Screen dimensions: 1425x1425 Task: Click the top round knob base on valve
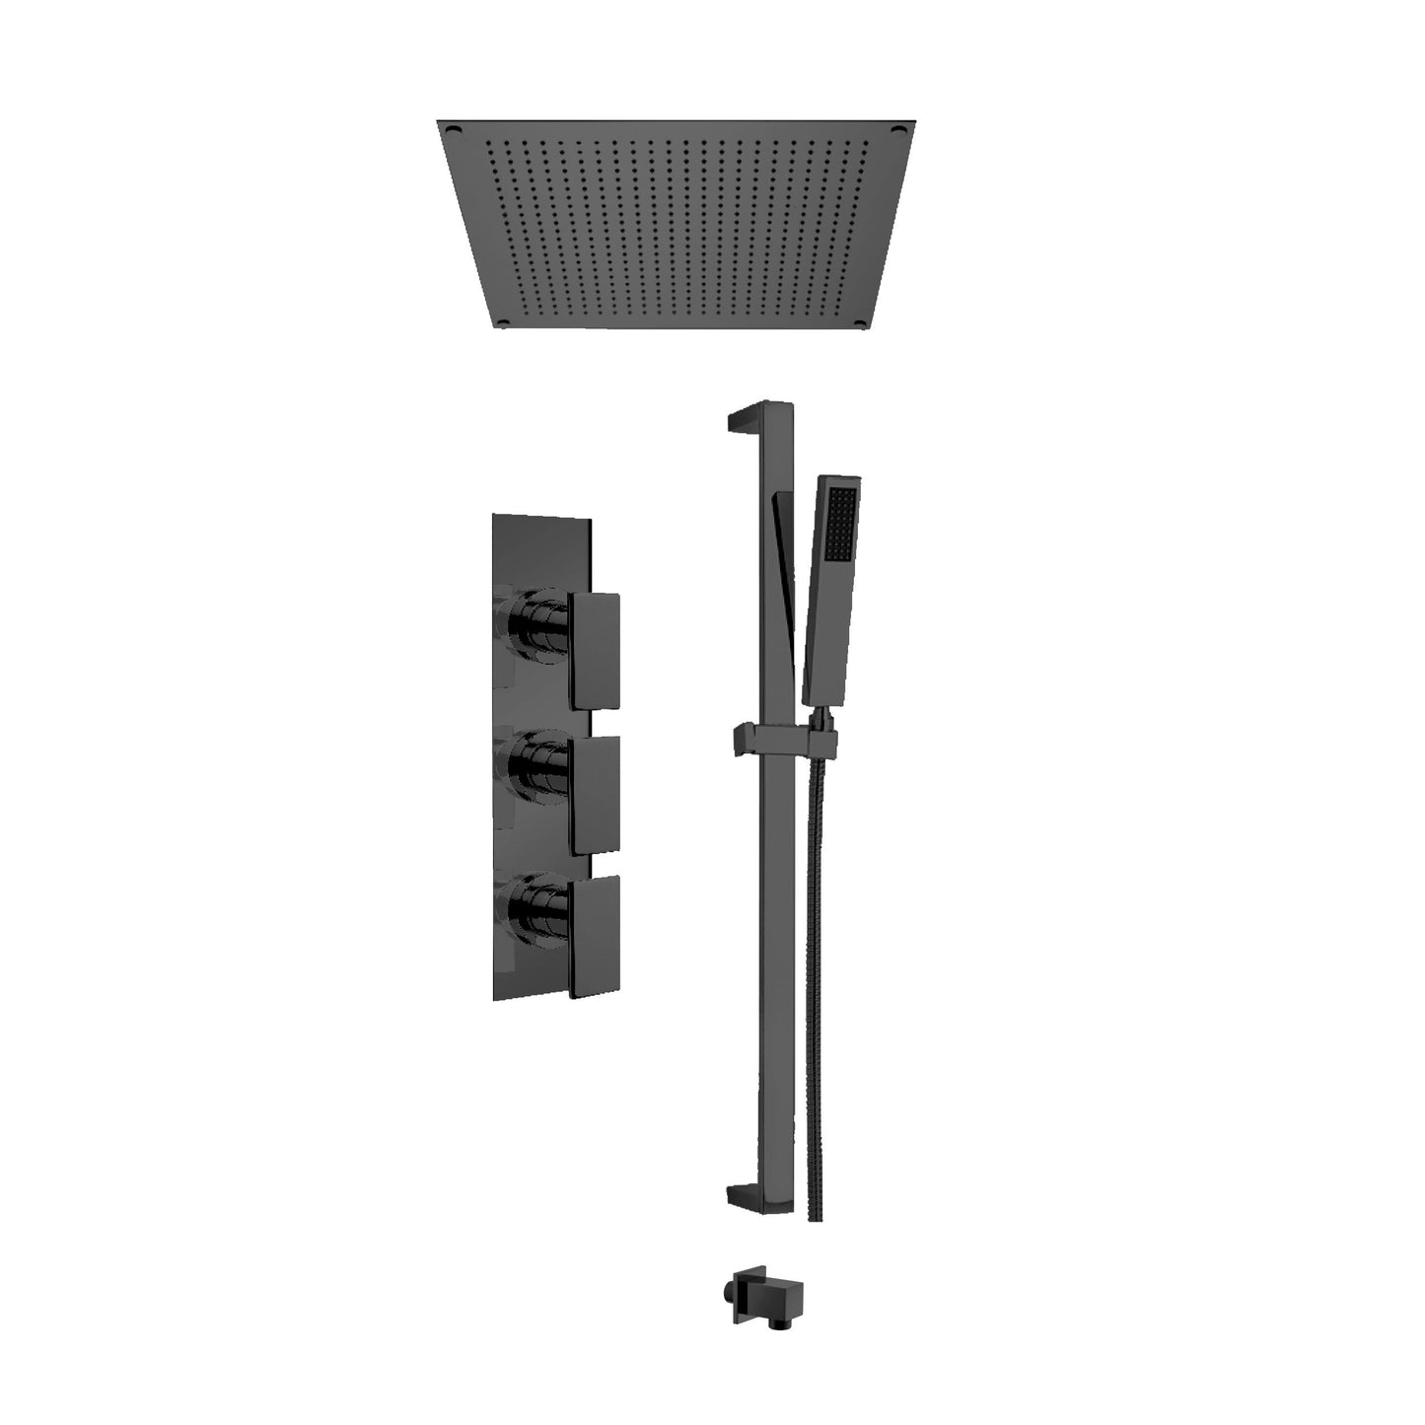535,623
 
